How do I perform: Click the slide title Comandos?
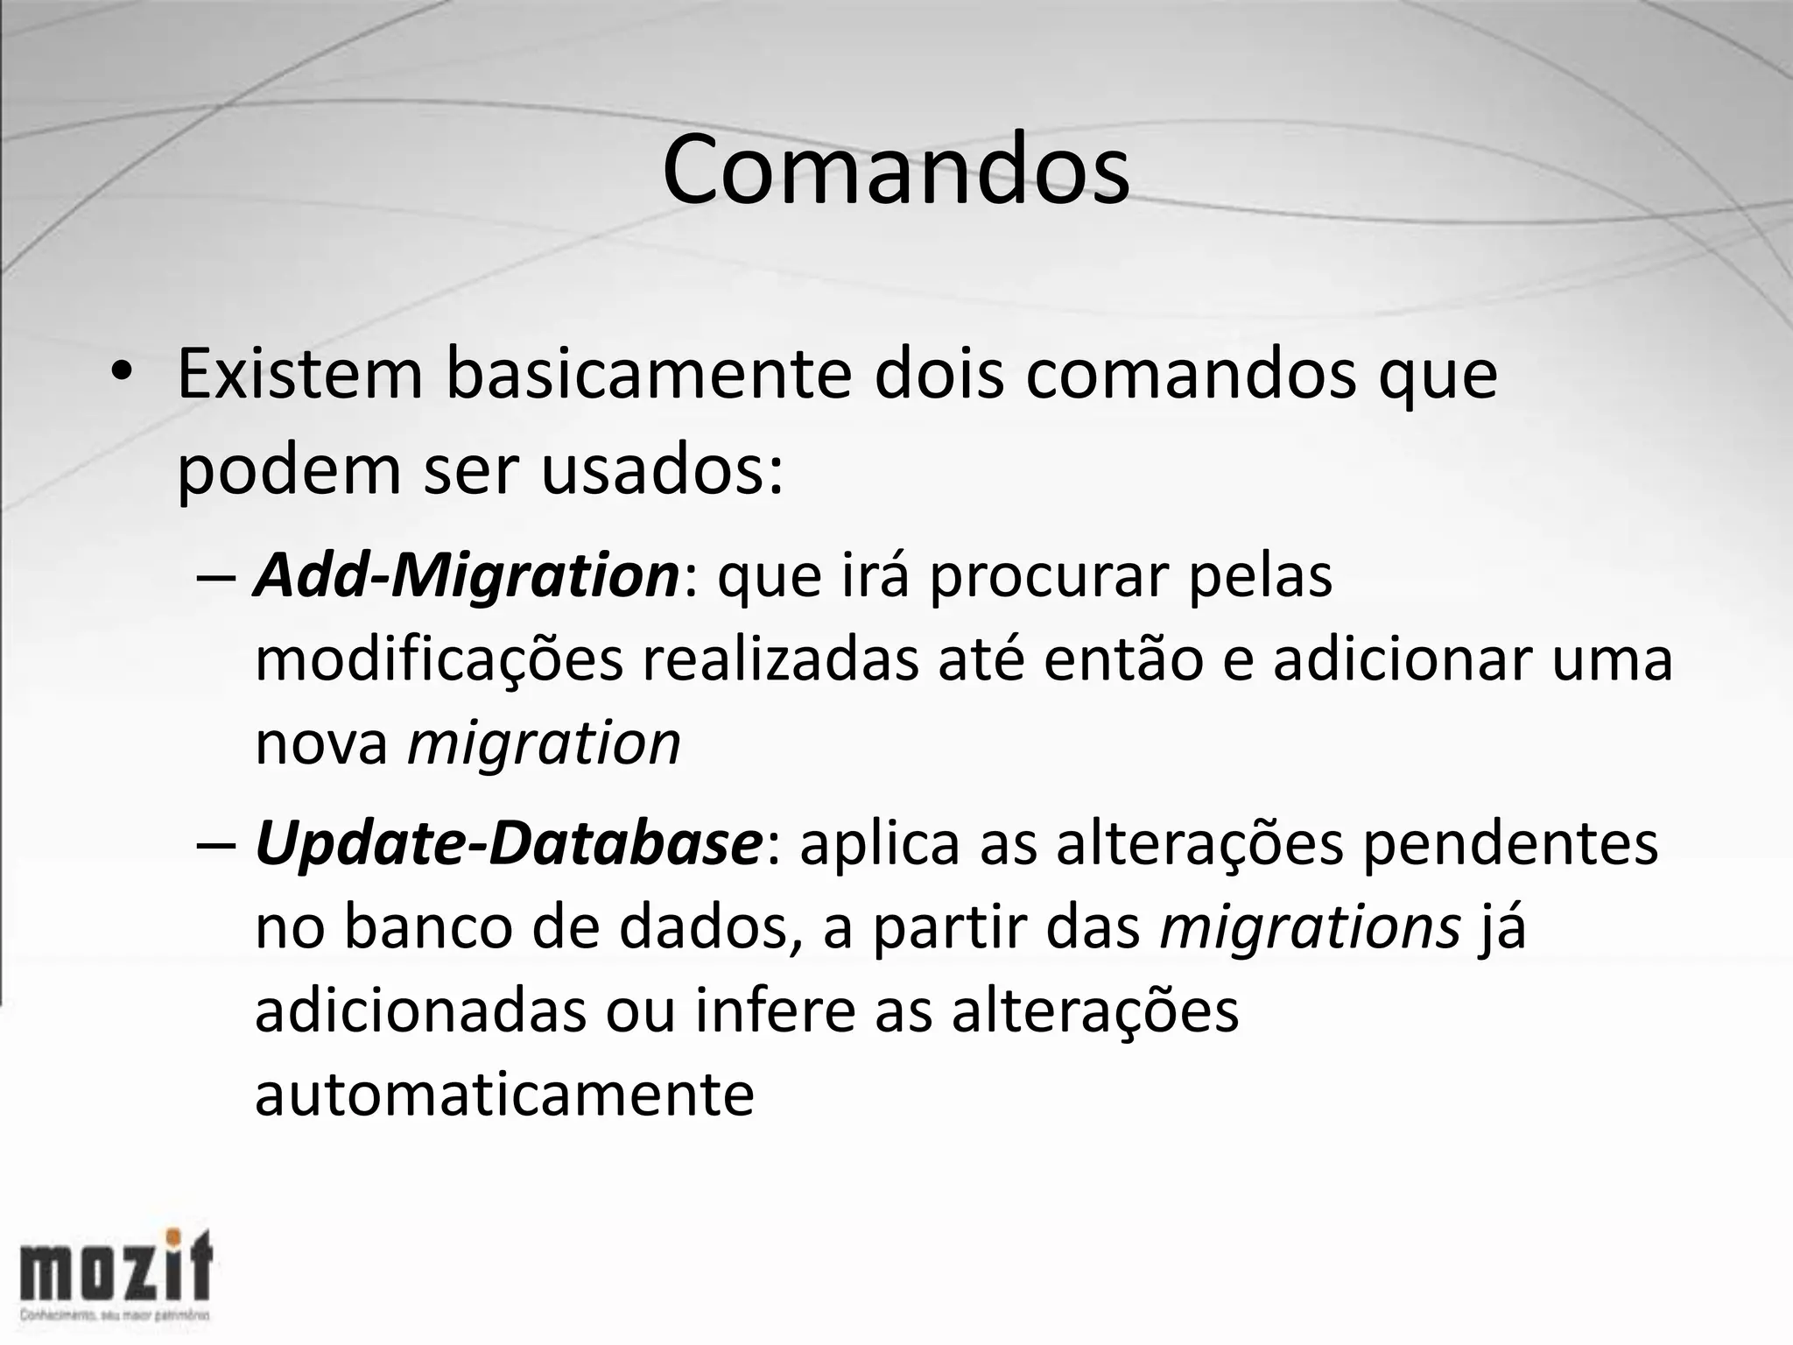point(896,170)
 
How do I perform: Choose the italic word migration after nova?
point(544,744)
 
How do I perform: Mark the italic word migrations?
point(1310,927)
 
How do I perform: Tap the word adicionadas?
point(420,1011)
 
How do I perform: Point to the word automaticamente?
point(504,1095)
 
